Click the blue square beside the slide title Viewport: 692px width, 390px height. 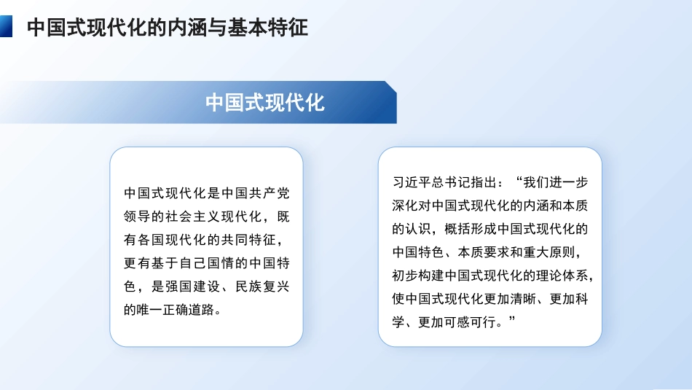[6, 27]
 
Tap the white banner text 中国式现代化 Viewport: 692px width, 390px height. [265, 102]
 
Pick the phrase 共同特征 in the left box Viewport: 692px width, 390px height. [248, 241]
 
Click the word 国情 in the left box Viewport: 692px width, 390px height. [216, 264]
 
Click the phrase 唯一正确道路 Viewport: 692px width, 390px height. [173, 311]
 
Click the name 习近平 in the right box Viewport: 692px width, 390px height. [410, 182]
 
